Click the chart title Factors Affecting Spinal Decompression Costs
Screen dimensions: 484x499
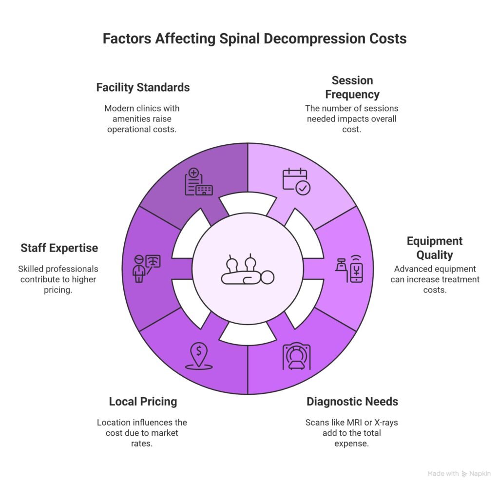coord(254,39)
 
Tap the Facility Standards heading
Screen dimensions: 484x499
coord(143,88)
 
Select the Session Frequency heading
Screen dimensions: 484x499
coord(352,87)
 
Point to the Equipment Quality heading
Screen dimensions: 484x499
coord(434,248)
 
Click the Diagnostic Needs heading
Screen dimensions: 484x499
coord(352,402)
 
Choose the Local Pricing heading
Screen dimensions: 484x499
coord(143,402)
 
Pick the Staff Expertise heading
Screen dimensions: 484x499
coord(59,248)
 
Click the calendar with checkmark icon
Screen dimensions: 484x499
coord(296,181)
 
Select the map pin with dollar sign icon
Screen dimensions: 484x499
coord(198,356)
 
